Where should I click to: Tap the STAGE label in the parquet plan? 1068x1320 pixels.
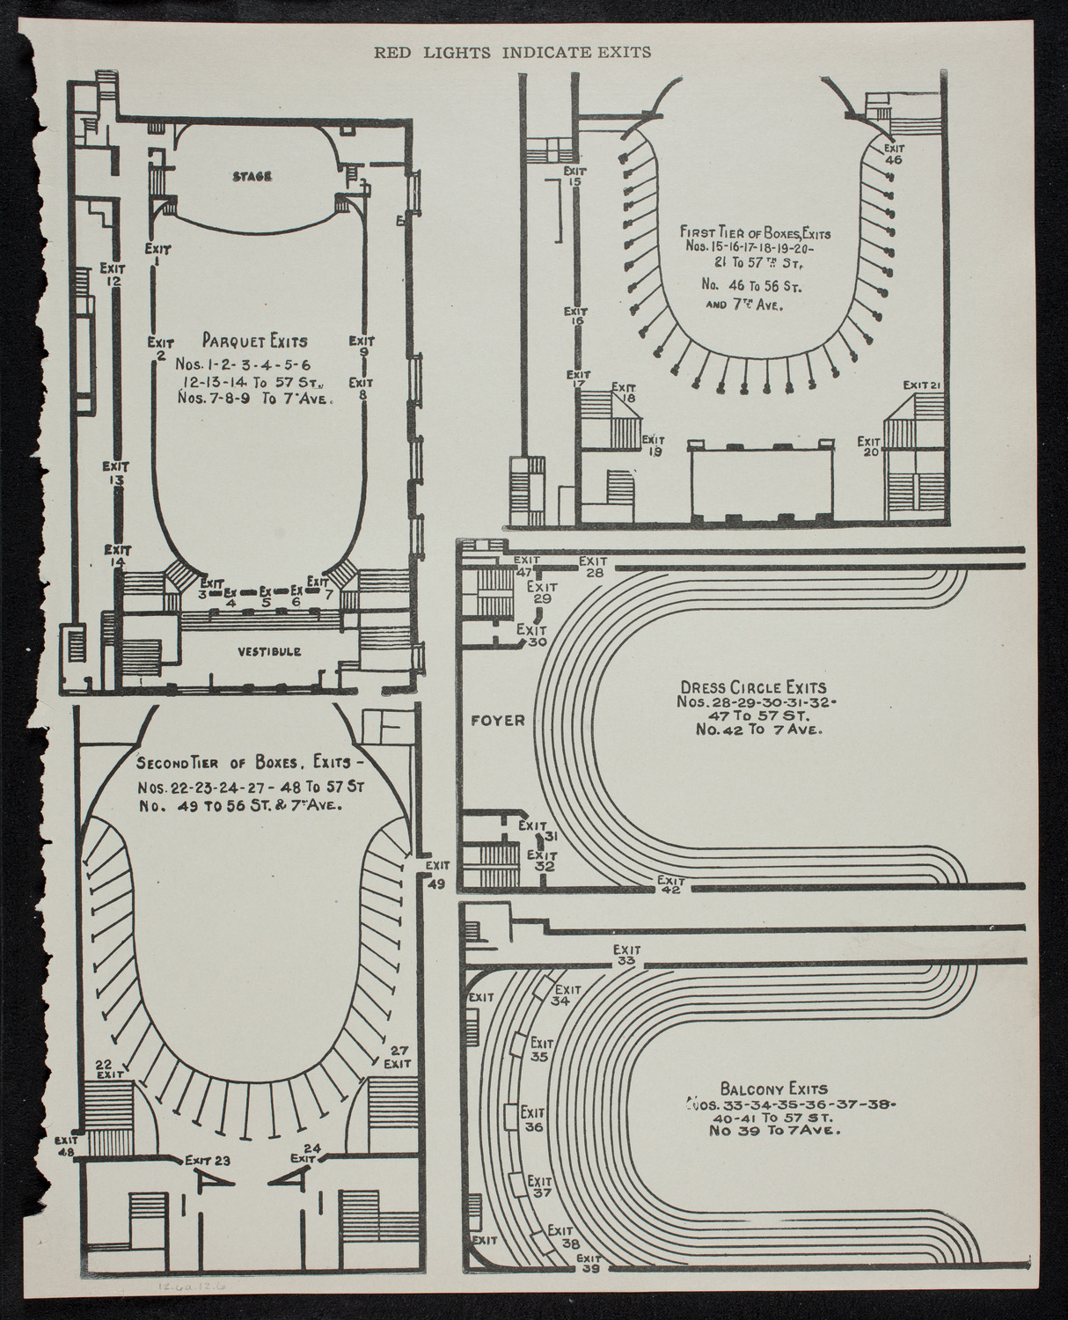[x=252, y=176]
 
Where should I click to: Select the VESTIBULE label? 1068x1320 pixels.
[x=268, y=652]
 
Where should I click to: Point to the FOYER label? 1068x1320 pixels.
[x=497, y=720]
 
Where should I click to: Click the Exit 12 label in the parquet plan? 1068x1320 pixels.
[x=111, y=274]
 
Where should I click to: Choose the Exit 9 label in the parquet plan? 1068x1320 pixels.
[x=362, y=347]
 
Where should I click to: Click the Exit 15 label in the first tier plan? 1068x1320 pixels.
[x=575, y=176]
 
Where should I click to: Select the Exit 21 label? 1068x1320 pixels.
[x=923, y=385]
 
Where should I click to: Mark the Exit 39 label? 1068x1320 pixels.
[x=589, y=1264]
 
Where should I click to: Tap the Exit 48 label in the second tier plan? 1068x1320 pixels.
[x=66, y=1144]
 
